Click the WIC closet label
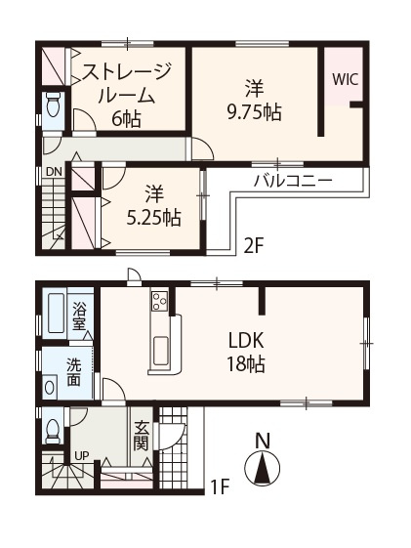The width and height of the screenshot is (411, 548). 345,80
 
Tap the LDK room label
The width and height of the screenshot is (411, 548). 246,340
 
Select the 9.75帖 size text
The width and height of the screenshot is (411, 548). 254,111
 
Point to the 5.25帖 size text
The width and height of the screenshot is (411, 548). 153,218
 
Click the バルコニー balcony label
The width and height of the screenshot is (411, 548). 293,181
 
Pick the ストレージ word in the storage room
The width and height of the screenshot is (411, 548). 126,71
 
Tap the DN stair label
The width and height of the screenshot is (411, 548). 54,172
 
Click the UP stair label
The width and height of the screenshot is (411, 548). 81,456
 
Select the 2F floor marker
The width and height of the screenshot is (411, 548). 253,247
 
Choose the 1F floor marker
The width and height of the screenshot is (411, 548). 221,486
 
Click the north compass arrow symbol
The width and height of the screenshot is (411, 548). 263,469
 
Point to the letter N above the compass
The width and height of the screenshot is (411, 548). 263,441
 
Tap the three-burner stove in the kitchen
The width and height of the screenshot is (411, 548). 159,301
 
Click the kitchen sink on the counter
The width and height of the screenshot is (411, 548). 161,350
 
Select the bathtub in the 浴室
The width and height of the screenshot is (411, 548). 55,314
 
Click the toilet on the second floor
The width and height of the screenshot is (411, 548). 54,105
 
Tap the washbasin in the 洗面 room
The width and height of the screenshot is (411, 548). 51,387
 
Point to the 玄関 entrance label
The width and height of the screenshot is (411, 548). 142,436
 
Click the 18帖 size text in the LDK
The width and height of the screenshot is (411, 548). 246,363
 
